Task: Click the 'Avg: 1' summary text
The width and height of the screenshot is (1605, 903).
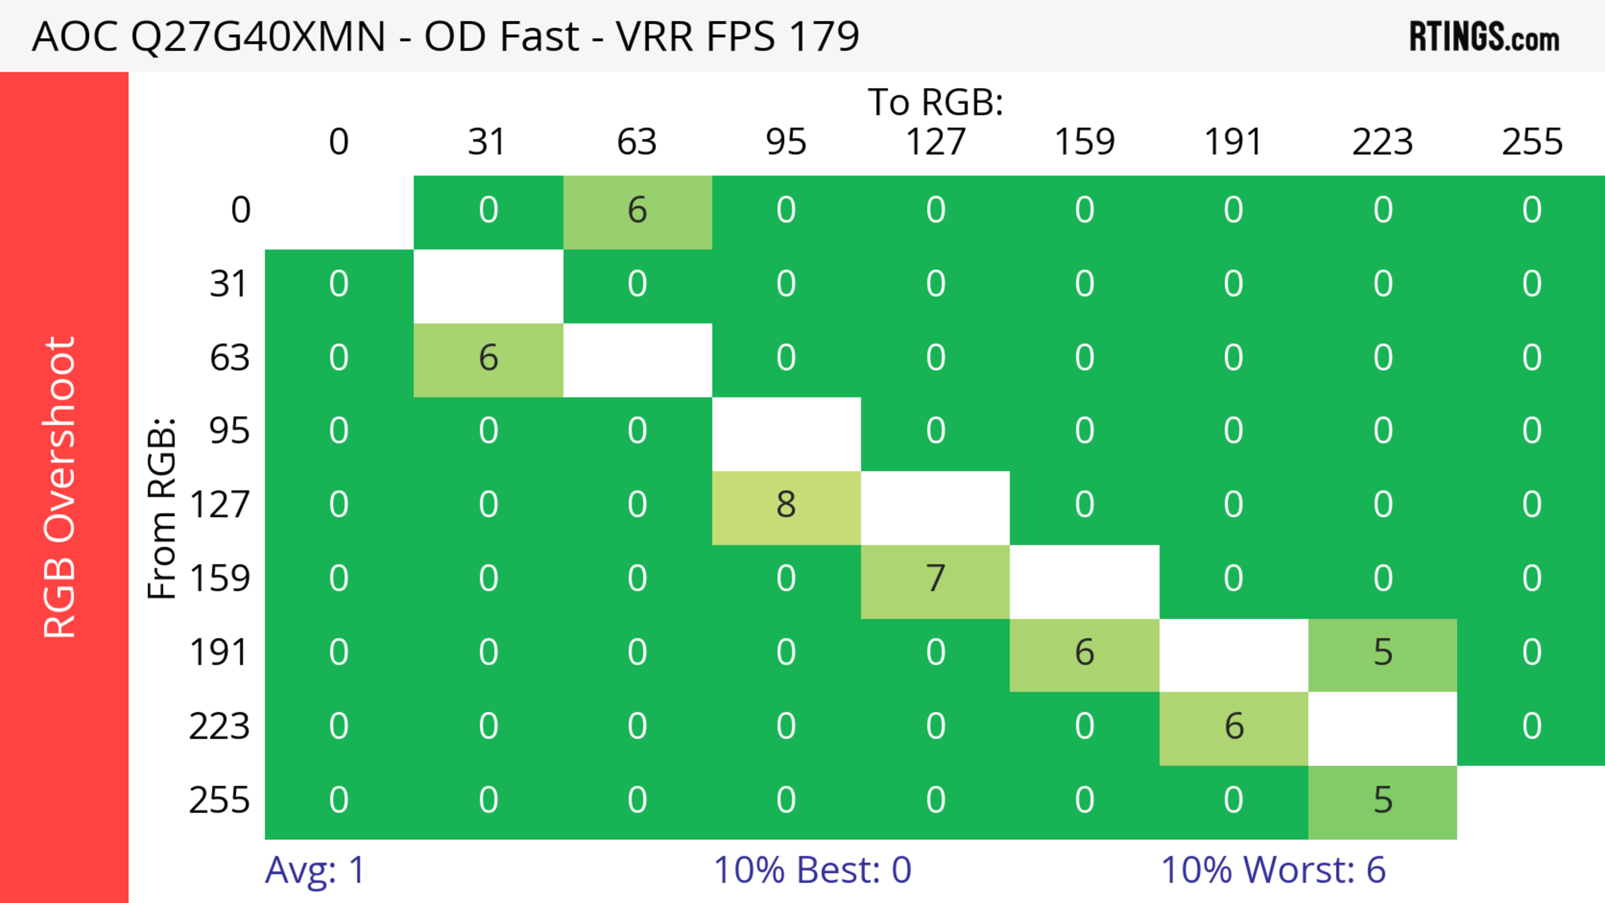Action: pos(315,870)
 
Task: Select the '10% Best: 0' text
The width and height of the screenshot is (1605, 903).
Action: pos(812,870)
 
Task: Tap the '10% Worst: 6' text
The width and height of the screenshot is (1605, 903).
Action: pos(1273,870)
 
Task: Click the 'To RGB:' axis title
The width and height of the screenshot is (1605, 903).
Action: pos(935,102)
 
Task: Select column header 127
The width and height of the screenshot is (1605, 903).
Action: pos(935,142)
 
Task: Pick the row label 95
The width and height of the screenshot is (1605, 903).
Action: pos(229,431)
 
